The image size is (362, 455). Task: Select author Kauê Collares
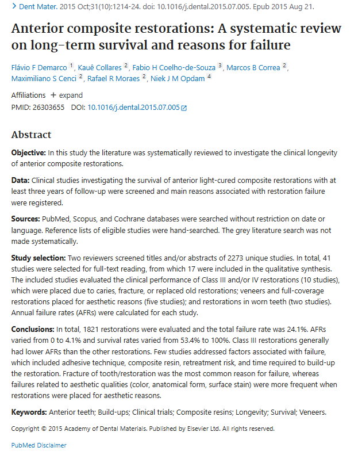(100, 67)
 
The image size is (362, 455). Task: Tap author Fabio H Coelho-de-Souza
(174, 67)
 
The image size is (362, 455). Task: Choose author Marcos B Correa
(253, 67)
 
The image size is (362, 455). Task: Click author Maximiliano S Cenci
(44, 78)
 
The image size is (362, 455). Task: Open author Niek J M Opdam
(178, 78)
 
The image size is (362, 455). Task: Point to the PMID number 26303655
(49, 108)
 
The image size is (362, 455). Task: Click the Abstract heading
(32, 135)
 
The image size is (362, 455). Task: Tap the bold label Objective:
(29, 153)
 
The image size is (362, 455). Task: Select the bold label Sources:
(25, 219)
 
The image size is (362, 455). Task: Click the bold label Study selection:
(38, 258)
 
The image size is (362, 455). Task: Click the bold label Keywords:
(29, 412)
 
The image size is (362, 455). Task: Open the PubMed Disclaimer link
(38, 445)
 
